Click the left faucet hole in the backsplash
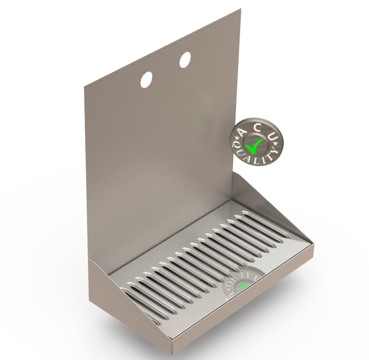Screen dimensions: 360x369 (x=147, y=80)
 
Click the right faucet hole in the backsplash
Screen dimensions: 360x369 (x=185, y=59)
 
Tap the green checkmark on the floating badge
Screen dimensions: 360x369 (x=253, y=145)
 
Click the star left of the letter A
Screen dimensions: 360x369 (x=236, y=137)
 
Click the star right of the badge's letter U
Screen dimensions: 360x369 (x=275, y=143)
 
